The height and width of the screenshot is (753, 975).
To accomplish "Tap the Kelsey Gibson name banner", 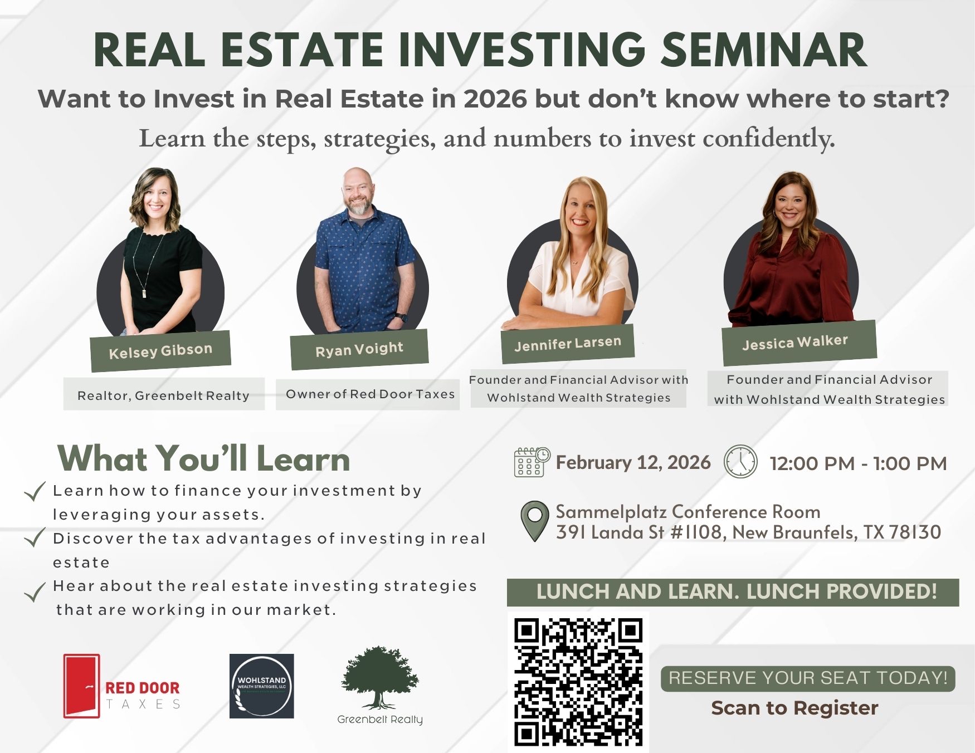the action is [160, 351].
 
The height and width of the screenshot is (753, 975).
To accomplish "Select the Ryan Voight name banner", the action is [359, 349].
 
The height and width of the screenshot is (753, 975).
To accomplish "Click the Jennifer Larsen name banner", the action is [567, 344].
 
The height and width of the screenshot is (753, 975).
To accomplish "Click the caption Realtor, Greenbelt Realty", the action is [163, 395].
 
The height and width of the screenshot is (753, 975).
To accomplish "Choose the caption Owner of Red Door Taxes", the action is [370, 394].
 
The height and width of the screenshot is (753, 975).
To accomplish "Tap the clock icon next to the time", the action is [740, 461].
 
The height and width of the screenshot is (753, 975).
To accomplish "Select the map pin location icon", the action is [534, 521].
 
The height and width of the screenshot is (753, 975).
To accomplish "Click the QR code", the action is [578, 682].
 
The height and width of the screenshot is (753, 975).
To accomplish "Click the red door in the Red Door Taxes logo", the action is [82, 686].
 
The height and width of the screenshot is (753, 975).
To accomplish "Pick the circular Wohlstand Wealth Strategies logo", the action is [261, 686].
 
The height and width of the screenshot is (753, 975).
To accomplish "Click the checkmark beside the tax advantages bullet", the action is [35, 538].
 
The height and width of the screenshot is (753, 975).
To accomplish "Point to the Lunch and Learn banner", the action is [733, 592].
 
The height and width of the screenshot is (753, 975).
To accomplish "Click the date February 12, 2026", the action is [633, 462].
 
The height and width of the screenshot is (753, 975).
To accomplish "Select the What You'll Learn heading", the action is [204, 458].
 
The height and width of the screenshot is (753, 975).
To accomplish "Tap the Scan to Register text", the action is [794, 708].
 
